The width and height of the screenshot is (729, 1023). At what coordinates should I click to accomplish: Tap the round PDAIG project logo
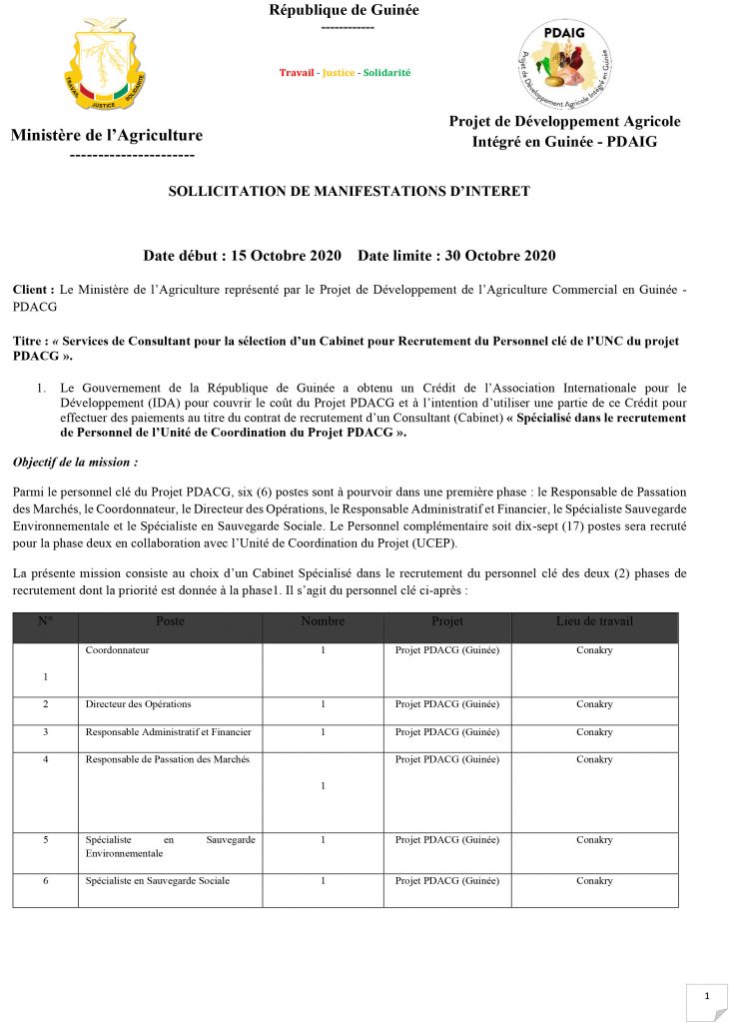(x=564, y=66)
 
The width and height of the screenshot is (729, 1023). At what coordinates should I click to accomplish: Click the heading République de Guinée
(x=345, y=10)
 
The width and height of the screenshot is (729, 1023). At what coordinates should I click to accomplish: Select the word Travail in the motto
(x=296, y=73)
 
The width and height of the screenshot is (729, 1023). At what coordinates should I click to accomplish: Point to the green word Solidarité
(x=386, y=73)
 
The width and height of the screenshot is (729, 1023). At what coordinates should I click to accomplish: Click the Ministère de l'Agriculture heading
(x=107, y=136)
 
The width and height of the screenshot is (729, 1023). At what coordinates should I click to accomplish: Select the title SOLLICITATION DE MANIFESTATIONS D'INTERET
(x=349, y=191)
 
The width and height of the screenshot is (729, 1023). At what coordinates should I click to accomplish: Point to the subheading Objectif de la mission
(x=74, y=463)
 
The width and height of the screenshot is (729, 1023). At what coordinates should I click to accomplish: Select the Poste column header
(x=171, y=621)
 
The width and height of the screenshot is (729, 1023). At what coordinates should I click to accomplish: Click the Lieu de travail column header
(x=594, y=621)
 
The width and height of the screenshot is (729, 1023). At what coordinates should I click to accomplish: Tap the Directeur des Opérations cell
(x=139, y=704)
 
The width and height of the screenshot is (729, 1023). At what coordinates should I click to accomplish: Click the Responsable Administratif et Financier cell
(x=169, y=732)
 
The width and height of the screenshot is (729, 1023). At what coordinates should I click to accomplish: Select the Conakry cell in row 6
(x=594, y=881)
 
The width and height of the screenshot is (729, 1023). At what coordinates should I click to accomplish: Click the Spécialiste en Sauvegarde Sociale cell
(x=158, y=881)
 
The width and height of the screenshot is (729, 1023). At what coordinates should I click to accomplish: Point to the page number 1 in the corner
(x=707, y=996)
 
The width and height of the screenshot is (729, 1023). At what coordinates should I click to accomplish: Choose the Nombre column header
(x=323, y=621)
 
